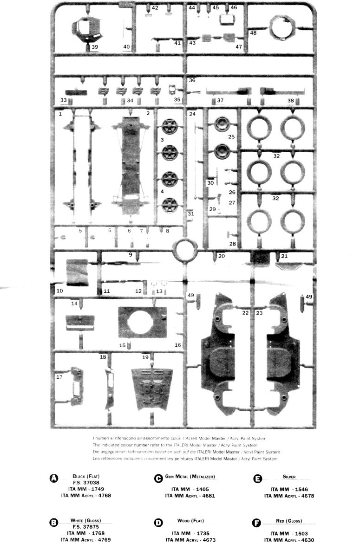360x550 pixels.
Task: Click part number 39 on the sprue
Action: tap(94, 47)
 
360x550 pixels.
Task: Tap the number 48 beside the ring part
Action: tap(253, 33)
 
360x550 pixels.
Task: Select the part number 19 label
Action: tap(145, 357)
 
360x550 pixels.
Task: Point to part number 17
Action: tap(59, 377)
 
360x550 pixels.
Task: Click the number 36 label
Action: tap(192, 80)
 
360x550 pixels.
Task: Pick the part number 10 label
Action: tap(59, 291)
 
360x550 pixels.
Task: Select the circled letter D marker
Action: tap(158, 523)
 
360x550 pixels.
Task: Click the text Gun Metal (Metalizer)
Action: tap(190, 477)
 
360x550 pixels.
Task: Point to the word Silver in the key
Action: tap(289, 477)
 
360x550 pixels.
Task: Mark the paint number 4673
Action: tap(206, 540)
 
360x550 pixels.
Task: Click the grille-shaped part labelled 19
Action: tap(152, 388)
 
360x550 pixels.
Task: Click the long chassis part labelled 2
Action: tap(132, 160)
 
